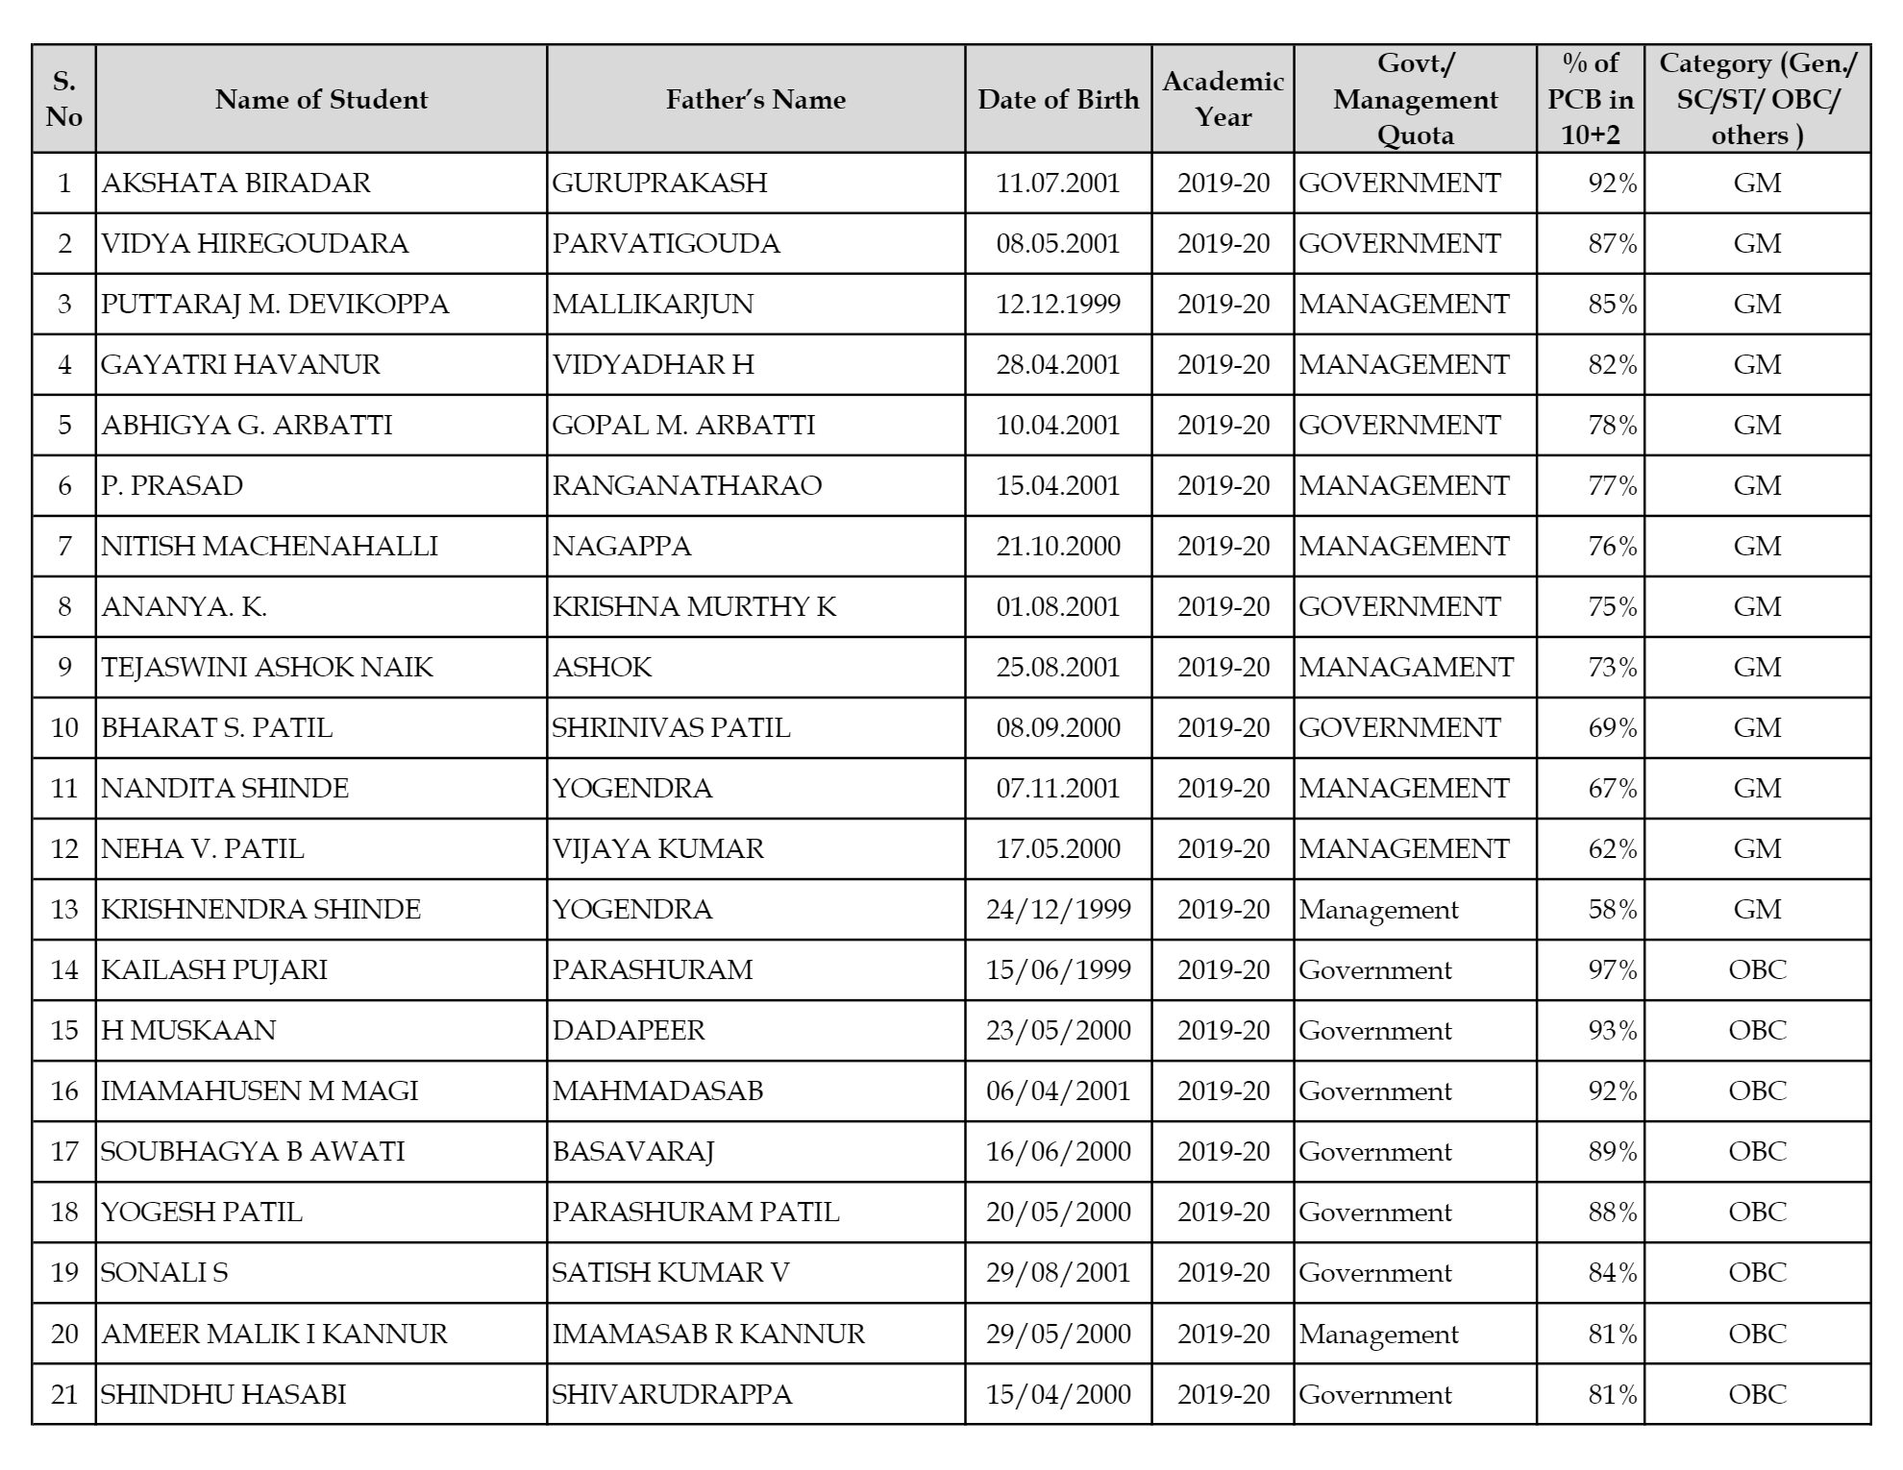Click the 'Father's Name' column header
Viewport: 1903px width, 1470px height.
point(755,99)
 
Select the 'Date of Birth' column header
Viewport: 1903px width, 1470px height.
point(1058,99)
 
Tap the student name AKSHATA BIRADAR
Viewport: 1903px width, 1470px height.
point(236,183)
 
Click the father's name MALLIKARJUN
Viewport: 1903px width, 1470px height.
point(653,304)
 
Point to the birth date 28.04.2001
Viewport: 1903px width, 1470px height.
point(1058,364)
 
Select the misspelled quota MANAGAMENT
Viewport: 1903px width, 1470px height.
point(1406,667)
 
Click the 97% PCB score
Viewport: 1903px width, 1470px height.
point(1612,969)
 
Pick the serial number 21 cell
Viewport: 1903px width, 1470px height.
point(64,1394)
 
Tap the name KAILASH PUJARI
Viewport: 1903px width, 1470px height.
point(214,969)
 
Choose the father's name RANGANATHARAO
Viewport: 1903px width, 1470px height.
point(687,485)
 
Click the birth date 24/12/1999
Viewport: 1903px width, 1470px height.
point(1058,909)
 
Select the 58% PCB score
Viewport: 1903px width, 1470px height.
point(1612,909)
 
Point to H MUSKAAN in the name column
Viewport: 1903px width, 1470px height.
point(188,1030)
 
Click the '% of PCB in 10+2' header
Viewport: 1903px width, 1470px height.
point(1591,99)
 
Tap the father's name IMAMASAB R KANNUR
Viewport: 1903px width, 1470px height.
point(708,1334)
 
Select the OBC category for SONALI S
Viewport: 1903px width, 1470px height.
point(1757,1272)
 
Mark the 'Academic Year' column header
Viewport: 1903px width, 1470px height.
point(1223,99)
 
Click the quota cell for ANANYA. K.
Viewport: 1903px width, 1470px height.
point(1399,606)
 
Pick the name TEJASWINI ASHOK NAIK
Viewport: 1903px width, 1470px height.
point(267,667)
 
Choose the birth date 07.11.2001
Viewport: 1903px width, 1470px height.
point(1058,788)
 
